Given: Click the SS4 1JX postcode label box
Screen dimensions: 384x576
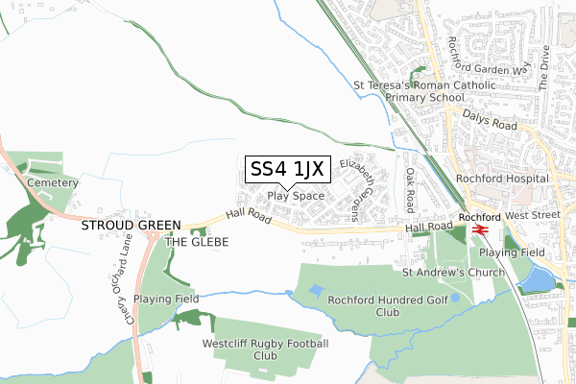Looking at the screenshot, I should pyautogui.click(x=288, y=169).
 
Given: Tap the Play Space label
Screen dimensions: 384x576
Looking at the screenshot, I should pyautogui.click(x=296, y=196).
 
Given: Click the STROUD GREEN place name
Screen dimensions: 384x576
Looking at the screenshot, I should pyautogui.click(x=131, y=226).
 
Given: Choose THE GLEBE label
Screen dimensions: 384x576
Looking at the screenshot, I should pyautogui.click(x=198, y=242).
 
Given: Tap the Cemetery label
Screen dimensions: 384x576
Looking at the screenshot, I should pyautogui.click(x=51, y=181).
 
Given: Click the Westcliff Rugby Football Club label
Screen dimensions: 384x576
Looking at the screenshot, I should pyautogui.click(x=265, y=349).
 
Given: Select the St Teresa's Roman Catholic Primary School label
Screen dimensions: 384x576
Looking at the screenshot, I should pyautogui.click(x=424, y=90).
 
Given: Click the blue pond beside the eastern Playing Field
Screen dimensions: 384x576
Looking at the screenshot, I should pyautogui.click(x=539, y=277).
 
